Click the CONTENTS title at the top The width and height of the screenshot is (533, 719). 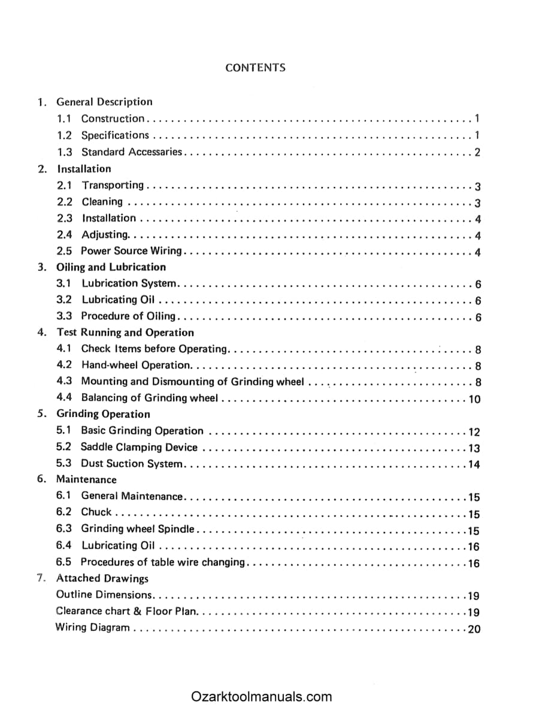pos(255,68)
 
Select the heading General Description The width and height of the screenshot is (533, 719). pos(104,102)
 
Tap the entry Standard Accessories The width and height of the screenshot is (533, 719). pos(131,152)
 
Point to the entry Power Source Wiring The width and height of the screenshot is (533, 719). pos(131,251)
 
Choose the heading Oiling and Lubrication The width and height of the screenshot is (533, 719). pos(111,267)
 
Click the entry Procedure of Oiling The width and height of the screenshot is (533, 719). pos(128,316)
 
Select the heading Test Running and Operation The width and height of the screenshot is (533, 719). pos(125,333)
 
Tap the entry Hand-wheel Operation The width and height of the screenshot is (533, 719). pos(136,365)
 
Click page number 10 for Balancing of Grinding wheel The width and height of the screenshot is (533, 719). pos(474,399)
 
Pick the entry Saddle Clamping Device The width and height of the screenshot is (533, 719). pos(139,447)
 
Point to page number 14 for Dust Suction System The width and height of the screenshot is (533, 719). pos(474,464)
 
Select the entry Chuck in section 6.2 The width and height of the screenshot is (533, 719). pos(96,512)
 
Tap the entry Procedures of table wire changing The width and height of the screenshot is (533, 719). pos(163,562)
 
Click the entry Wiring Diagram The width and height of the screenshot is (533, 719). pos(92,628)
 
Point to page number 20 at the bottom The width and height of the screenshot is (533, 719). pos(474,629)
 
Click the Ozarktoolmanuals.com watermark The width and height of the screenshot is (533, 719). pos(262,697)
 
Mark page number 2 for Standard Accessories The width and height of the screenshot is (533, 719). pos(477,152)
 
